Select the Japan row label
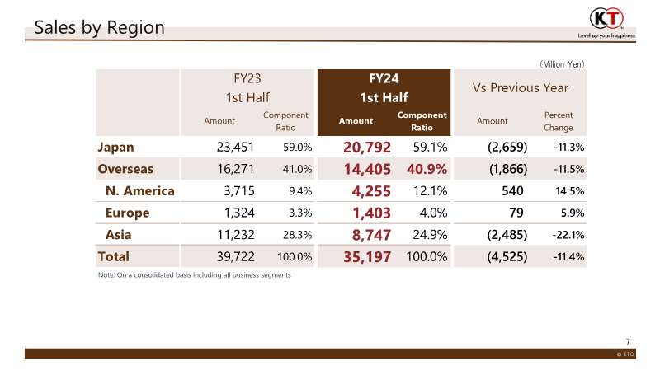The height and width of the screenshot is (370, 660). [115, 148]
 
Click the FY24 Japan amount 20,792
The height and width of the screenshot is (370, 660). [367, 148]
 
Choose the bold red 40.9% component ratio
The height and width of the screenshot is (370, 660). [426, 170]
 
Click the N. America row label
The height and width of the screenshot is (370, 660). [140, 191]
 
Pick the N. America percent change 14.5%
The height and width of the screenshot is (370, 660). [569, 191]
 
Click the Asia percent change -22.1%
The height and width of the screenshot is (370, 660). [568, 235]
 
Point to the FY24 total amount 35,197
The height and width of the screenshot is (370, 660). [367, 257]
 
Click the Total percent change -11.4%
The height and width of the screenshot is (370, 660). [568, 257]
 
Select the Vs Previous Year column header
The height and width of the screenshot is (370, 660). [520, 87]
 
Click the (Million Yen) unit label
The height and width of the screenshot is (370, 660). [562, 63]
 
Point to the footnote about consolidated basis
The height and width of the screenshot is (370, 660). [194, 274]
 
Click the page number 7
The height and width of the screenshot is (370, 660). [628, 341]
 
